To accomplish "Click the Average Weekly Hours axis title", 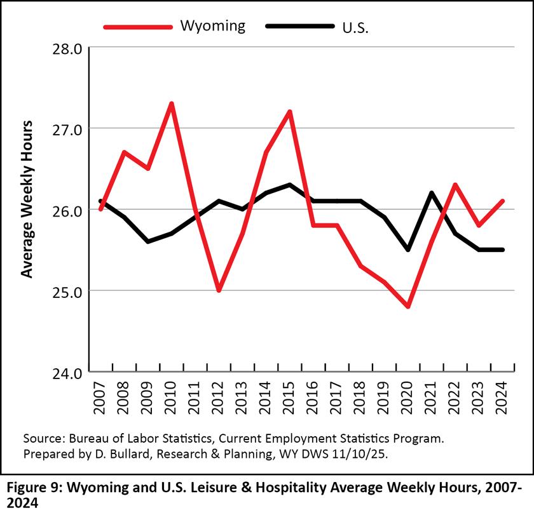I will coord(26,198).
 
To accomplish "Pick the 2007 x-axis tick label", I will coord(100,396).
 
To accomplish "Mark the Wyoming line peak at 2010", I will coord(172,104).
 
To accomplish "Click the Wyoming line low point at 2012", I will coord(219,290).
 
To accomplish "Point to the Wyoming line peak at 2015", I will coord(290,112).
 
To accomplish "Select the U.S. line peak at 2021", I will coord(432,193).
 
